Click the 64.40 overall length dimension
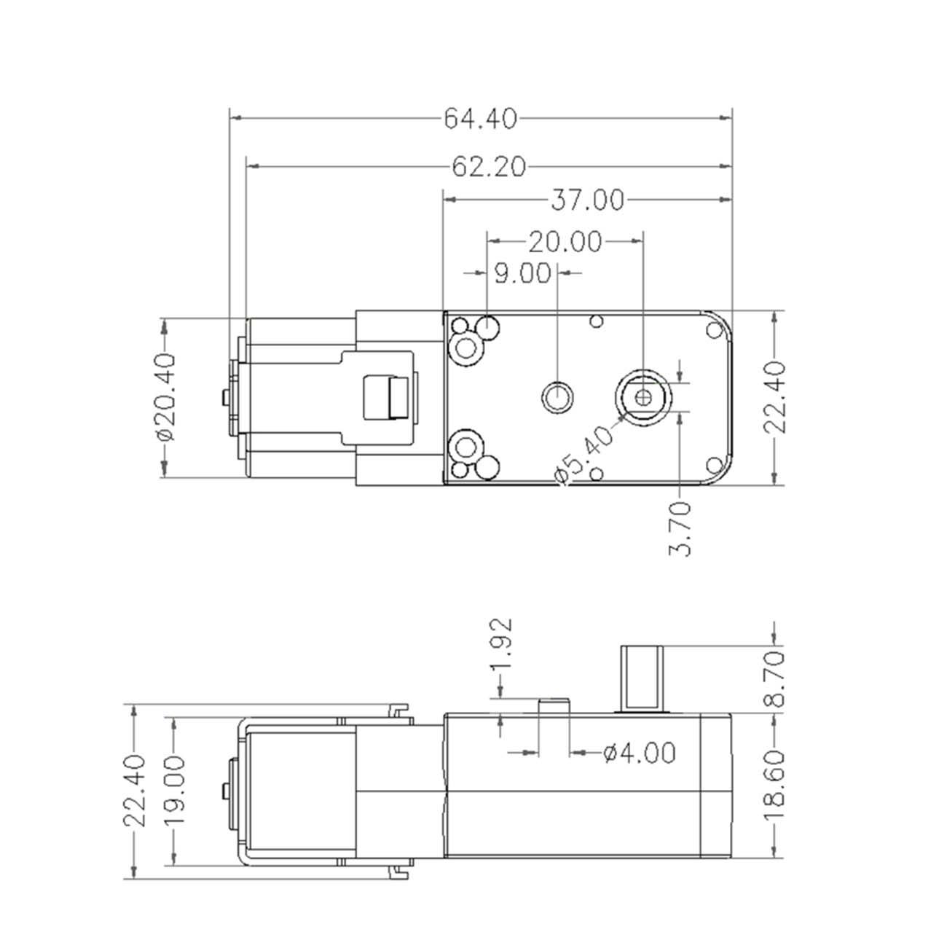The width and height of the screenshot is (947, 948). [480, 119]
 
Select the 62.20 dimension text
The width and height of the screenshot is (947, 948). [489, 167]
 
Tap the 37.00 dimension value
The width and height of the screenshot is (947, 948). [587, 200]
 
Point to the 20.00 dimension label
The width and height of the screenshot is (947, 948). [565, 242]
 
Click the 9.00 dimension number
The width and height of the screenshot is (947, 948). [522, 273]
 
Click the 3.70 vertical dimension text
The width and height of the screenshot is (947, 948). [680, 529]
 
